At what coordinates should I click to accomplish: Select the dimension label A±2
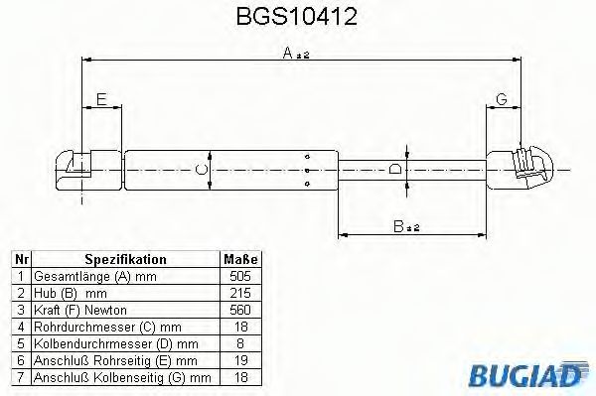pos(296,56)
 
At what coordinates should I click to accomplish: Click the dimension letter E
pos(101,97)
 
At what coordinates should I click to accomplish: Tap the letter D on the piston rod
pos(396,170)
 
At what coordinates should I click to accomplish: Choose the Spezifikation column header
pos(125,258)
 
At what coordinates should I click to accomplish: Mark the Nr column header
pos(20,258)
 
